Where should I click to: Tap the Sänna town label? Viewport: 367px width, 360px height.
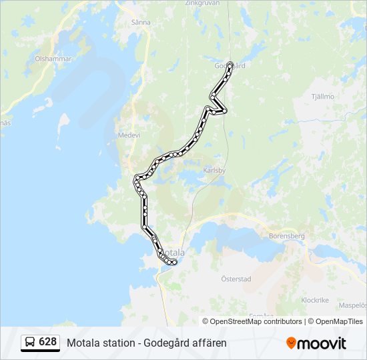point(142,21)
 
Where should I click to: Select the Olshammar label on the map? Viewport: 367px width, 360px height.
point(53,59)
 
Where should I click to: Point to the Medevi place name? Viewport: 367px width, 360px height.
point(129,135)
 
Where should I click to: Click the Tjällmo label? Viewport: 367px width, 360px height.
point(322,96)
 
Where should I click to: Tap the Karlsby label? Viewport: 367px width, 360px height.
point(214,169)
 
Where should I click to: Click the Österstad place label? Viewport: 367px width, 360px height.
point(236,279)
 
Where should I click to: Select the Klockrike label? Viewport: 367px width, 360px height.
point(315,300)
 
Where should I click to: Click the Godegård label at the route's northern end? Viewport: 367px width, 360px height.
point(231,66)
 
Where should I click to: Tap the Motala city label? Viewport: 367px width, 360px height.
point(174,253)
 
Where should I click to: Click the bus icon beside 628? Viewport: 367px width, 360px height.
point(30,343)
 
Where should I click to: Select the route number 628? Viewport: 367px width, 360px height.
point(47,342)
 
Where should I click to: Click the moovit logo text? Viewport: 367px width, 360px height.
point(322,343)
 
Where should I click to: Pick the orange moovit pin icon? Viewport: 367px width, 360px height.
point(291,343)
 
